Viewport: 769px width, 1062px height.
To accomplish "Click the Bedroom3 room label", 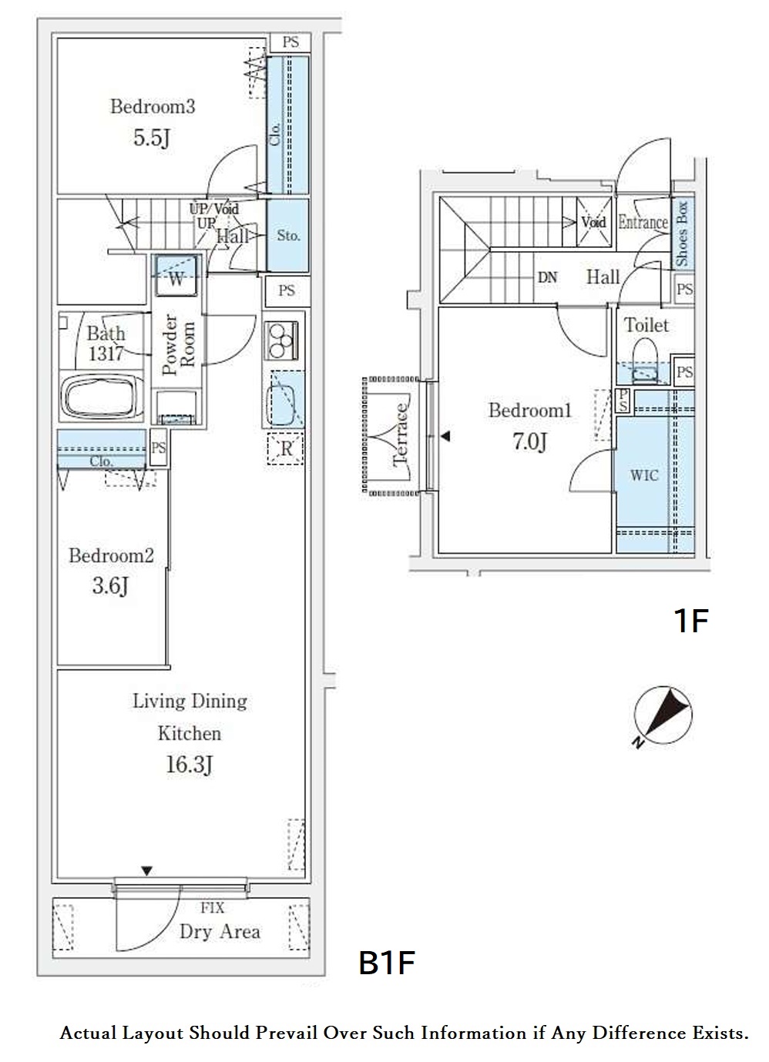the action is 153,107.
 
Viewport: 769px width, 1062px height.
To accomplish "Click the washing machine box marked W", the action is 176,276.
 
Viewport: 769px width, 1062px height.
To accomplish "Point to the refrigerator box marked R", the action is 285,448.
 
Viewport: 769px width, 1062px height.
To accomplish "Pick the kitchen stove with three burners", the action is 282,340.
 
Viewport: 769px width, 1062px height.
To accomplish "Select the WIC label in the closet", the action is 644,475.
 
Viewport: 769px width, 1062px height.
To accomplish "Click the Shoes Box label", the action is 682,234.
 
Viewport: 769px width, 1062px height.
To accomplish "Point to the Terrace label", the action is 401,435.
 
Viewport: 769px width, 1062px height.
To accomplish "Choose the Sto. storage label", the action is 288,236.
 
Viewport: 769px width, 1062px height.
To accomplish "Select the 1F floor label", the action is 691,621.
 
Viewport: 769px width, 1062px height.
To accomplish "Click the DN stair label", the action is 547,278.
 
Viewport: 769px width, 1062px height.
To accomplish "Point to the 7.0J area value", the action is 529,441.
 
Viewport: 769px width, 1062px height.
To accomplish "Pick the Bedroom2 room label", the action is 112,556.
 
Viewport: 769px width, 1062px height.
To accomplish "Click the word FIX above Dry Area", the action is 212,908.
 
